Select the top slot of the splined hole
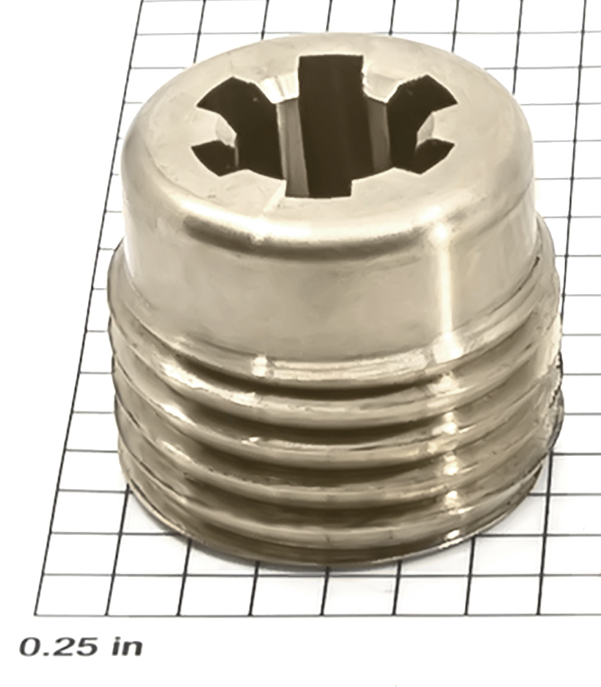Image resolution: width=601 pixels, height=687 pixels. [x=332, y=70]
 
